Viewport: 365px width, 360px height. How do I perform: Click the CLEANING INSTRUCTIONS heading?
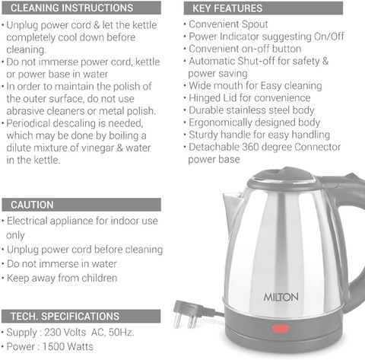pyautogui.click(x=71, y=8)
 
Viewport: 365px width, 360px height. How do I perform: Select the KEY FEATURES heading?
pyautogui.click(x=227, y=8)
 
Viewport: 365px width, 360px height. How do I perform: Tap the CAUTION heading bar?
pyautogui.click(x=81, y=205)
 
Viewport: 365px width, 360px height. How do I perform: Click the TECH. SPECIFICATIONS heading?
pyautogui.click(x=65, y=317)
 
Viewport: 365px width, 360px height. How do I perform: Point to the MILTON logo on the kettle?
pyautogui.click(x=281, y=297)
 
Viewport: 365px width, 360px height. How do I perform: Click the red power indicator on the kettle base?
pyautogui.click(x=281, y=329)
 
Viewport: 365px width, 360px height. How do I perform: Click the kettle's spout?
pyautogui.click(x=233, y=203)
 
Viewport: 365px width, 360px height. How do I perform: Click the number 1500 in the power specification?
pyautogui.click(x=53, y=346)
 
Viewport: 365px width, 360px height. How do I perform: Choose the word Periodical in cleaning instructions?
pyautogui.click(x=28, y=123)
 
